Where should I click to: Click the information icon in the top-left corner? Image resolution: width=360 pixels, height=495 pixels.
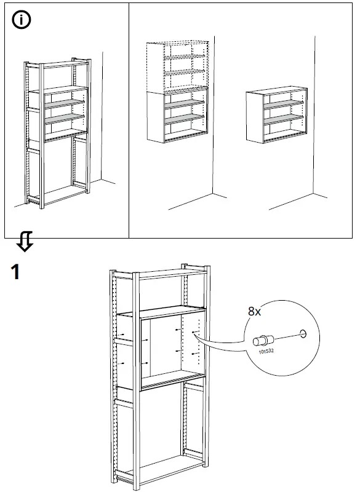click(x=21, y=20)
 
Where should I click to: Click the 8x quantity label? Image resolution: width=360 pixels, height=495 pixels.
click(x=254, y=312)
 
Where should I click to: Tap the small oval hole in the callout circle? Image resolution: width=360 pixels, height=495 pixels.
click(x=301, y=334)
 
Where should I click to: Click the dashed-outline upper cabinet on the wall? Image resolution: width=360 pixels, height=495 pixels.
click(x=177, y=66)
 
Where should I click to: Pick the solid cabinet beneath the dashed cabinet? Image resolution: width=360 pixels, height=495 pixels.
click(x=177, y=115)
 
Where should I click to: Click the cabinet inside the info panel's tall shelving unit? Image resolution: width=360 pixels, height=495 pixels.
click(x=58, y=114)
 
